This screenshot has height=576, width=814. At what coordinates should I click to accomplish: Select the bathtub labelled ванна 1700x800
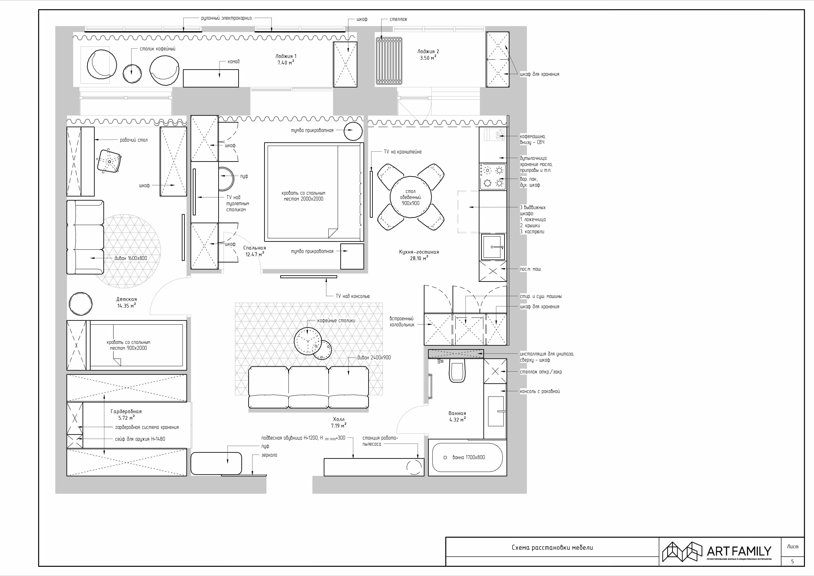tap(467, 457)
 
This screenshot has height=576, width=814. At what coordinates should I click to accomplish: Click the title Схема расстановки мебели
tap(552, 547)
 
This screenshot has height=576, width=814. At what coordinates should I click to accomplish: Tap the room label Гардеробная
tap(126, 411)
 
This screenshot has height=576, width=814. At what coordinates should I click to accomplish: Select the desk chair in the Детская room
tap(109, 161)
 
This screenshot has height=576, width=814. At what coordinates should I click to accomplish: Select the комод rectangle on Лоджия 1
tap(211, 78)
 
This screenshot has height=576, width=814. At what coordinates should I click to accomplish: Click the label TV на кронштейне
tap(403, 152)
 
